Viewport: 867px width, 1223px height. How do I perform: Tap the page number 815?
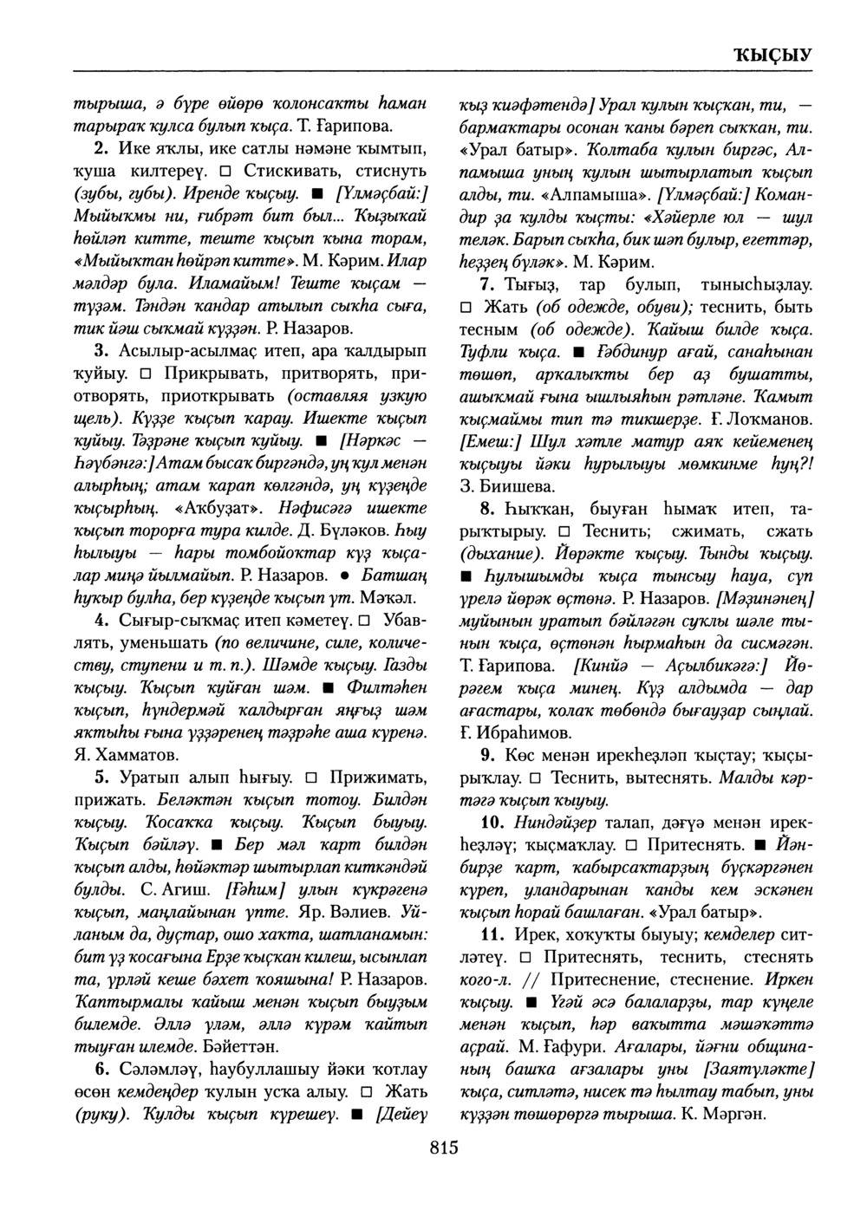point(442,1149)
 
